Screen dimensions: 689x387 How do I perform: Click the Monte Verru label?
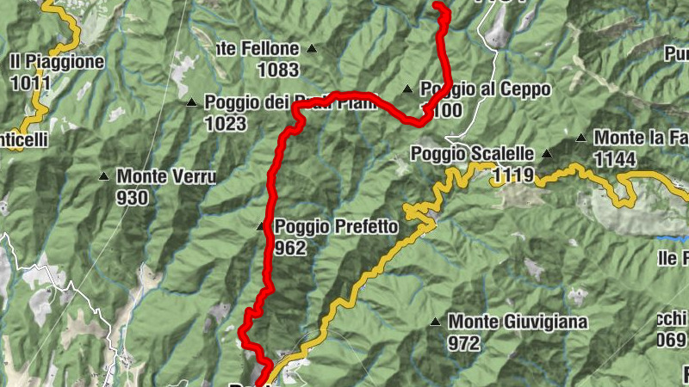point(166,177)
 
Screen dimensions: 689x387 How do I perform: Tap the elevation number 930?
point(133,199)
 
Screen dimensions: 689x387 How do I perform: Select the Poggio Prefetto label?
point(336,227)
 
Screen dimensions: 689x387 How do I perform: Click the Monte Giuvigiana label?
point(518,322)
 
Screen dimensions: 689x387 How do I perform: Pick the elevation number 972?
point(463,343)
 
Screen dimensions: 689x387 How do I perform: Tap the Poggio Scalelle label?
point(473,154)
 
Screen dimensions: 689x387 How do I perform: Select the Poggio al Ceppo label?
point(485,89)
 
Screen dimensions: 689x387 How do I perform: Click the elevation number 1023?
point(226,124)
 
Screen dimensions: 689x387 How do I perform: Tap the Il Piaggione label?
point(58,62)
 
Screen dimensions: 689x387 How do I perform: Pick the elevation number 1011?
point(31,83)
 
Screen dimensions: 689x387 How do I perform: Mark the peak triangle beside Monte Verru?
point(104,177)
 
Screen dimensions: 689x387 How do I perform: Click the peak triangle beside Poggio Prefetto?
point(261,227)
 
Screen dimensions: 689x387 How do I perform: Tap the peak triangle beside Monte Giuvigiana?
point(435,322)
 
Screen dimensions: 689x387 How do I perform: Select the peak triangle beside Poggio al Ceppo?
point(407,89)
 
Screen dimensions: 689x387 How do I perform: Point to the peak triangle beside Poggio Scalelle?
point(546,154)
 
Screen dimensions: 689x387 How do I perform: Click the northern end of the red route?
point(438,6)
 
